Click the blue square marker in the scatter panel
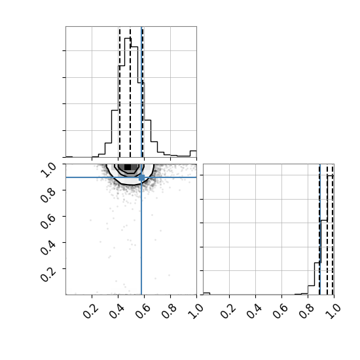pos(141,177)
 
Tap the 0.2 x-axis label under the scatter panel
pos(90,312)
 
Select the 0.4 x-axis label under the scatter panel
pos(117,312)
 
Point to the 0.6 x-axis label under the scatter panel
pos(143,312)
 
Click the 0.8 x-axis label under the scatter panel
pos(169,312)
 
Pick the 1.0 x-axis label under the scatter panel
pos(196,312)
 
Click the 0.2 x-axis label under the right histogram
pos(228,312)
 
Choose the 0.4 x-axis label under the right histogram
pos(254,312)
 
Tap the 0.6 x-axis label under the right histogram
pos(280,312)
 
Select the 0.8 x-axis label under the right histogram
pos(306,312)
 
